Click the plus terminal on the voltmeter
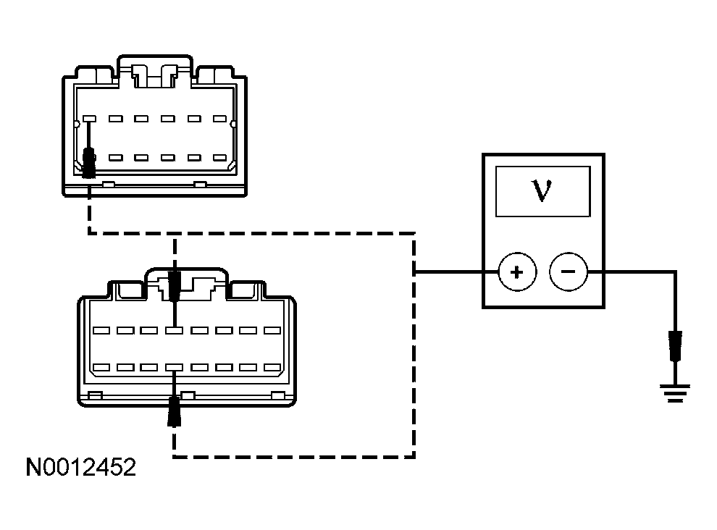pos(516,272)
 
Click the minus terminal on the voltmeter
pos(568,272)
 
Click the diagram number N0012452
pos(80,468)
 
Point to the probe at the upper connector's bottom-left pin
pos(90,162)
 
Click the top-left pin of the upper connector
pos(90,118)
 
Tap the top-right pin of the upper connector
pos(220,118)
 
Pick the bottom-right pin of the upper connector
pos(220,157)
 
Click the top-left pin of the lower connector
pos(101,330)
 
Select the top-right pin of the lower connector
pos(272,330)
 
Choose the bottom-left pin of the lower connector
pos(101,367)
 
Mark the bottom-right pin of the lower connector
pos(272,367)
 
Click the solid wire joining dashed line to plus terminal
pos(456,272)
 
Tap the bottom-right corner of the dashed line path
pos(414,456)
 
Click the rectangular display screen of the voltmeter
pos(542,190)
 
